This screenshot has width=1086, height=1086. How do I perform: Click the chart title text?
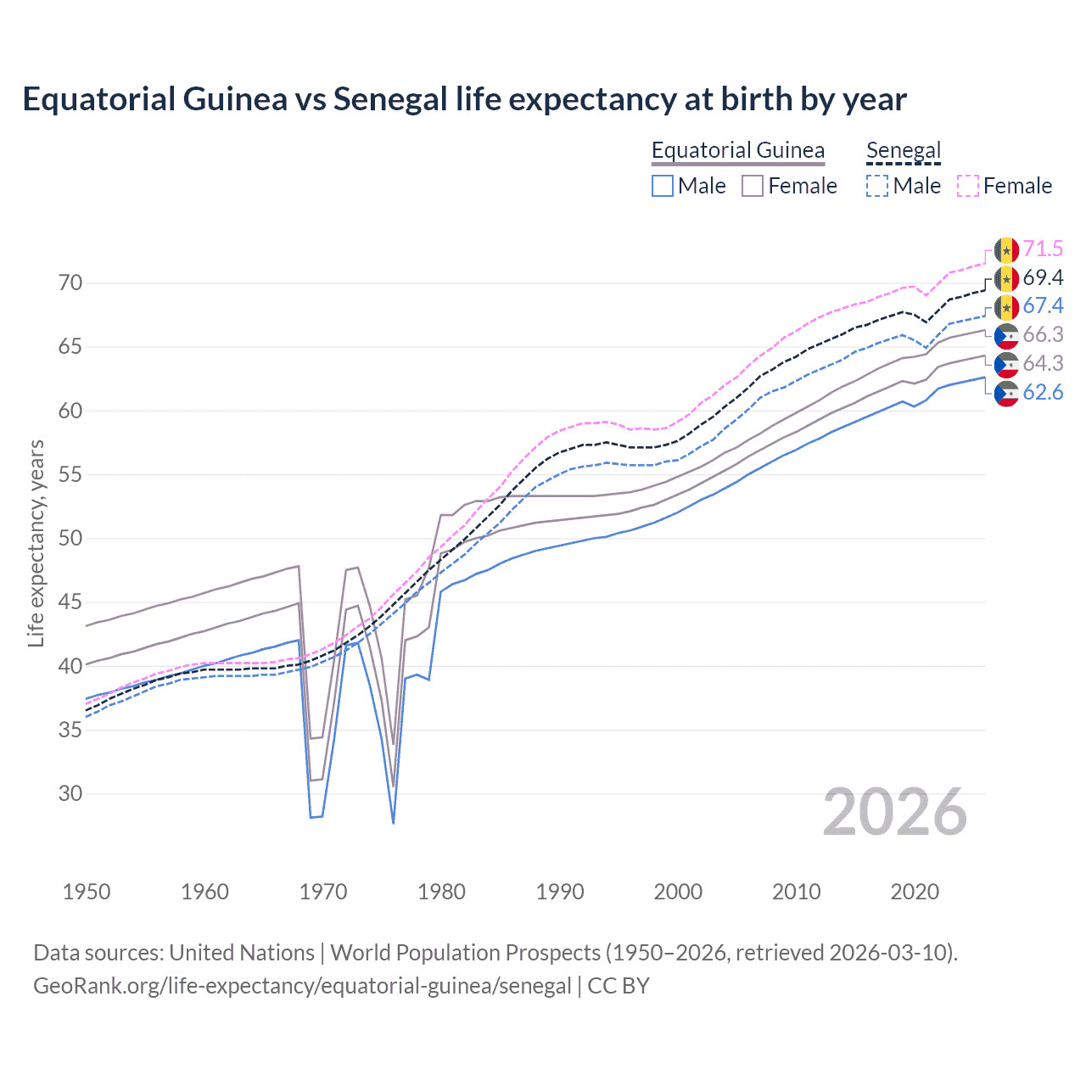pyautogui.click(x=464, y=99)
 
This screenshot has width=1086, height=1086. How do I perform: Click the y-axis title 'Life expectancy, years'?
pyautogui.click(x=36, y=543)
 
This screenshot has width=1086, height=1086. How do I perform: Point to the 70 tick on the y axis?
pyautogui.click(x=70, y=283)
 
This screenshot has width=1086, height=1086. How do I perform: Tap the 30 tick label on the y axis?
pyautogui.click(x=70, y=794)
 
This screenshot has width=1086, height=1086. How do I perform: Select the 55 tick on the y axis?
pyautogui.click(x=70, y=475)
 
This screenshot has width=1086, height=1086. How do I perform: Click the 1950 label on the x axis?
pyautogui.click(x=87, y=892)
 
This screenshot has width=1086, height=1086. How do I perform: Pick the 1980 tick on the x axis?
pyautogui.click(x=441, y=892)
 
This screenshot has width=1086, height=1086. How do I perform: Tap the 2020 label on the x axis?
pyautogui.click(x=915, y=892)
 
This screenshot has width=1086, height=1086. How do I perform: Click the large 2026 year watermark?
pyautogui.click(x=894, y=813)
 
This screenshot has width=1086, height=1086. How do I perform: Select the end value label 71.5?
pyautogui.click(x=1043, y=249)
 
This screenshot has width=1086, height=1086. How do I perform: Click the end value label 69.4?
pyautogui.click(x=1043, y=278)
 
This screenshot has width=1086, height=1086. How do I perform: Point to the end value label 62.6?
pyautogui.click(x=1043, y=392)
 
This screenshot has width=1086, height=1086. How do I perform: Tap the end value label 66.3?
pyautogui.click(x=1043, y=335)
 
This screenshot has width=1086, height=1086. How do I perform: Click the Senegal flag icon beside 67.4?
pyautogui.click(x=1006, y=307)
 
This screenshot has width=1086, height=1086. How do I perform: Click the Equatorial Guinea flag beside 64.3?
pyautogui.click(x=1006, y=364)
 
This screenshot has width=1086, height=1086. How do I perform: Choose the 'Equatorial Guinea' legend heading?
pyautogui.click(x=737, y=151)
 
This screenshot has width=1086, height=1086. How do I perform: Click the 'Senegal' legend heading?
pyautogui.click(x=904, y=151)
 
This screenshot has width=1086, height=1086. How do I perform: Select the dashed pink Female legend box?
pyautogui.click(x=967, y=186)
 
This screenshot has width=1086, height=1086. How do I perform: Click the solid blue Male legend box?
pyautogui.click(x=663, y=186)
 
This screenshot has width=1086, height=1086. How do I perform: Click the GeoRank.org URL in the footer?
pyautogui.click(x=302, y=986)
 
